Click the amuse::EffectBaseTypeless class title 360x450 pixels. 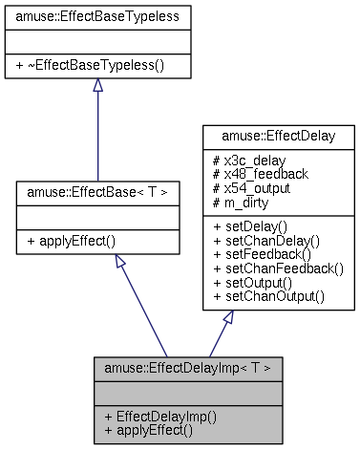click(x=96, y=15)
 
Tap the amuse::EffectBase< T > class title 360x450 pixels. click(x=98, y=192)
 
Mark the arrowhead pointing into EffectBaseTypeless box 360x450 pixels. click(x=97, y=86)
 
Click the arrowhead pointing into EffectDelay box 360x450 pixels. click(x=226, y=318)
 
